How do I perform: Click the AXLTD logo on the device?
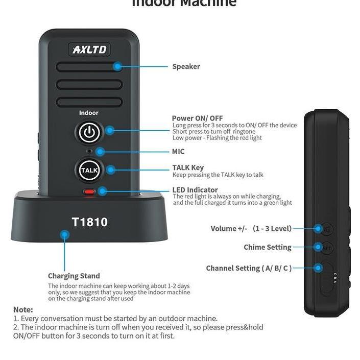(89, 50)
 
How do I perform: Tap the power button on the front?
(89, 132)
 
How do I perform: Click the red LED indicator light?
(90, 193)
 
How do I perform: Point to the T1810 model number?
(89, 222)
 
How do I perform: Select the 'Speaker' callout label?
(186, 66)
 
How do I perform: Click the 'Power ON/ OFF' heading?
(197, 118)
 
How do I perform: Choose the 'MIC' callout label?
(178, 152)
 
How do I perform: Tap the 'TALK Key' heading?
(188, 167)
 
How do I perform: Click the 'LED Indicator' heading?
(195, 190)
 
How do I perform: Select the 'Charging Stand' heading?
(74, 276)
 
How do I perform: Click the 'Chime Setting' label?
(267, 247)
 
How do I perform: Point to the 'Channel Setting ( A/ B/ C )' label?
(249, 268)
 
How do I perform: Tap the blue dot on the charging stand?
(64, 235)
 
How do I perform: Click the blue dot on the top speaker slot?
(118, 66)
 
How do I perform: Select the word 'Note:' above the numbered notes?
(23, 309)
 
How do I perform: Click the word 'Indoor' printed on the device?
(89, 113)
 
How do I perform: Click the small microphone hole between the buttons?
(89, 152)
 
